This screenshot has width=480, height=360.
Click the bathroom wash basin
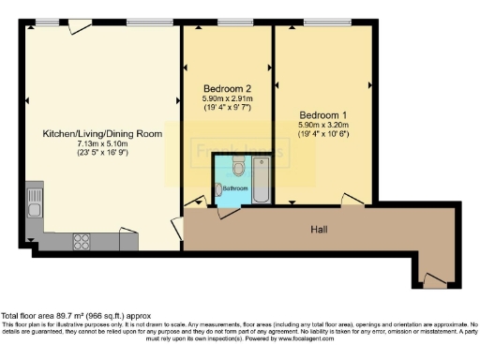(x=221, y=191)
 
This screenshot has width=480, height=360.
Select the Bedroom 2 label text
(x=226, y=89)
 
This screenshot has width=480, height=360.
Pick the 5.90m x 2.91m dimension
(x=226, y=98)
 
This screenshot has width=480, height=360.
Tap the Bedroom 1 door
(x=352, y=200)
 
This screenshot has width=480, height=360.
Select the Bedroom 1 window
(x=323, y=22)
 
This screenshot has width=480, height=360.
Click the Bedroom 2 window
(x=227, y=22)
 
